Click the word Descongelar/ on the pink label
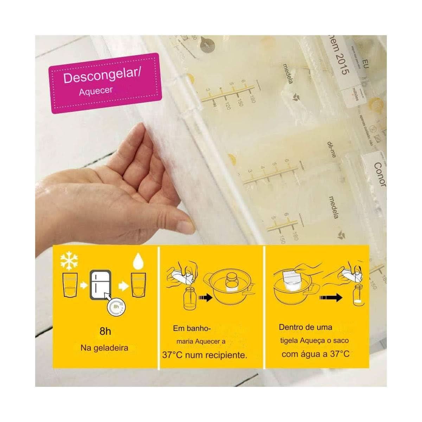click(102, 76)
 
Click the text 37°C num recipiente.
click(205, 355)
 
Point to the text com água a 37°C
click(315, 354)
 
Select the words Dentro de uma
click(305, 327)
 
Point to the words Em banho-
click(192, 328)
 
